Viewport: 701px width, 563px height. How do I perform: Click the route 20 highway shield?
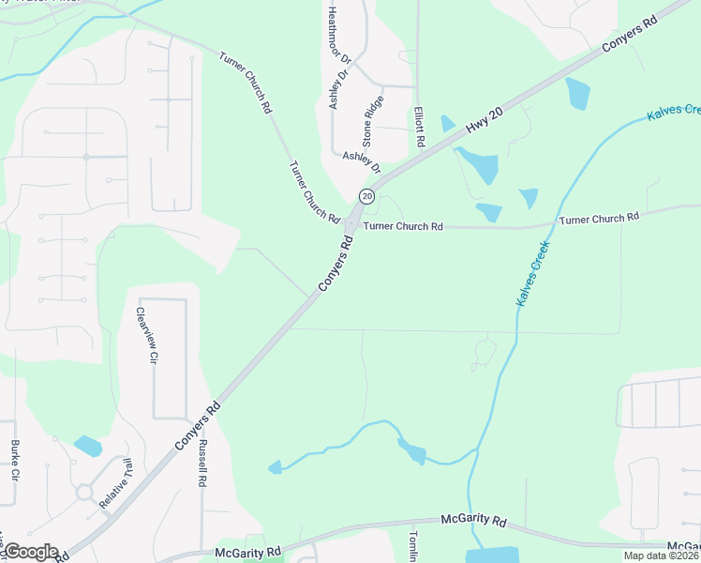pos(366,196)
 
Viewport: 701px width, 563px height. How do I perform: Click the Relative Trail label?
pos(117,484)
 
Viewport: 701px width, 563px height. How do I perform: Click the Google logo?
pos(31,552)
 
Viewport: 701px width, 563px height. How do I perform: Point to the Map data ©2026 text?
pos(661,555)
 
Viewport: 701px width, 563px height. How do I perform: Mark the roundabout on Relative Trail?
pos(84,492)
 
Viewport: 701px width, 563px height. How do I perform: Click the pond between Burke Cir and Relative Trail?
pos(87,446)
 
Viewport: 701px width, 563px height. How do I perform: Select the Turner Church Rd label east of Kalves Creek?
pos(599,218)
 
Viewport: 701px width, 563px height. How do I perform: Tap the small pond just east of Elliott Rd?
pos(447,123)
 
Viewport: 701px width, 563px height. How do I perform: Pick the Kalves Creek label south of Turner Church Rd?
pos(531,274)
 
